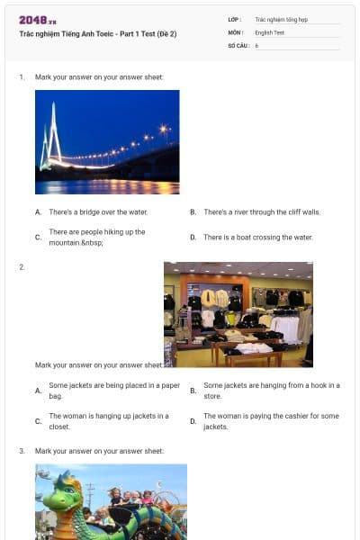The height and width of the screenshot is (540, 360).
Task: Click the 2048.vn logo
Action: coord(37,20)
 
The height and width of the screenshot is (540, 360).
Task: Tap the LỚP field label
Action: coord(235,18)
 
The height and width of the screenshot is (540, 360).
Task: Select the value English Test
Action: coord(269,31)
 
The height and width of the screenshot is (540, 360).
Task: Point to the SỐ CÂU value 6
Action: coord(256,45)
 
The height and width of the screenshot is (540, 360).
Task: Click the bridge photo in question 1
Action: coord(106,141)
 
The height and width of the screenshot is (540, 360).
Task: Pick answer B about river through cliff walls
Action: coord(261,212)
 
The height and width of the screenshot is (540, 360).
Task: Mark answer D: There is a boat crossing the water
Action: coord(257,237)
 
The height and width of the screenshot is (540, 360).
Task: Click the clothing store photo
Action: coord(238,313)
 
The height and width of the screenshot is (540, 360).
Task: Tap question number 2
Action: coord(22,267)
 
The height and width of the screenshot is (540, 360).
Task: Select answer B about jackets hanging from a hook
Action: coord(271,391)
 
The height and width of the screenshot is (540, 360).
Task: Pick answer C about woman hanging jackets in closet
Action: coord(108,421)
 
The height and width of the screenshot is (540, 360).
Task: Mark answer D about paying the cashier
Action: coord(271,421)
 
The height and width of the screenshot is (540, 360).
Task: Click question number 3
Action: coord(22,450)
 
